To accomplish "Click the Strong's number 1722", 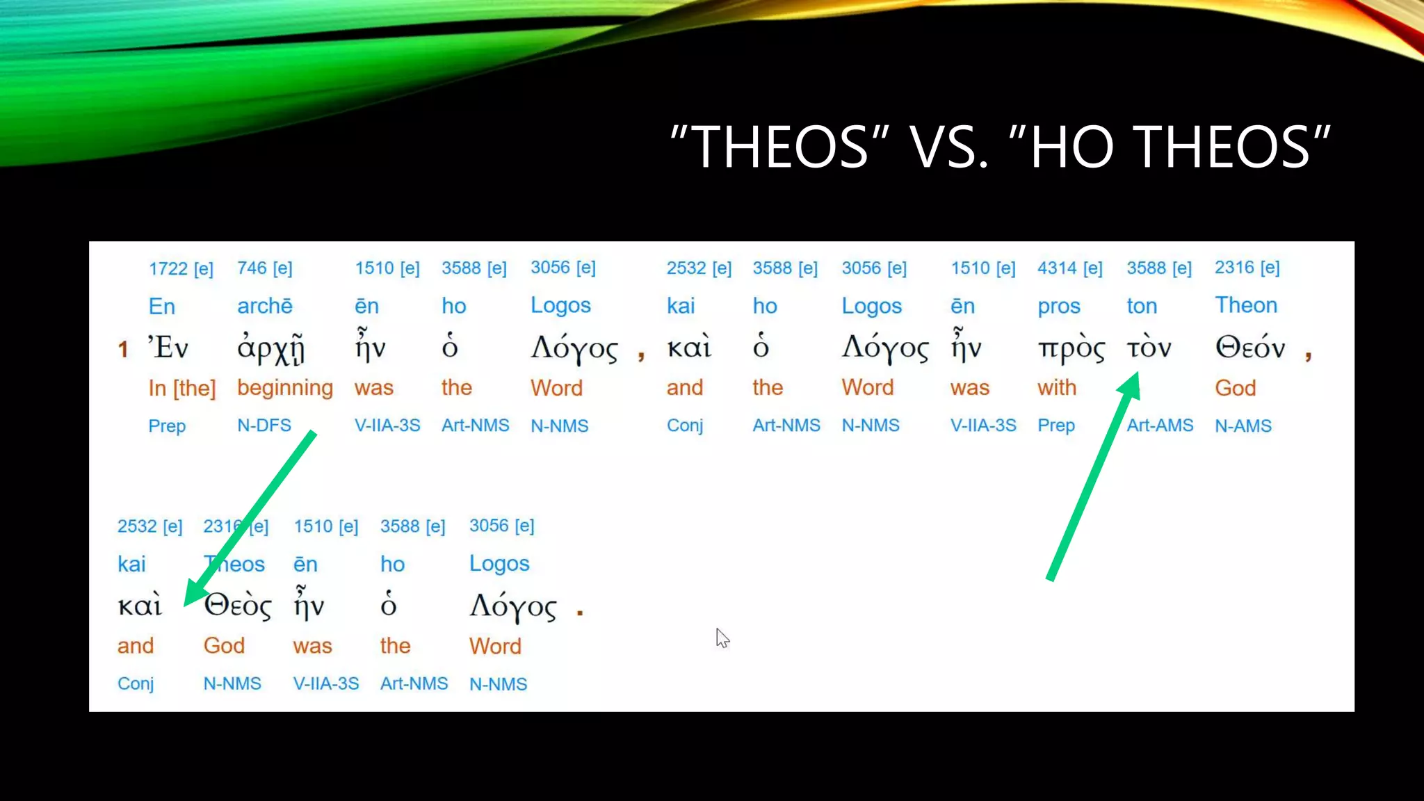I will [168, 269].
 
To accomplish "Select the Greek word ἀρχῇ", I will [270, 348].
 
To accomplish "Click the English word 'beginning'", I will [285, 388].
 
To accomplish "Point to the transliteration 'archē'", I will [265, 306].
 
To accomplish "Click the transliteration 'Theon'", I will [1246, 305].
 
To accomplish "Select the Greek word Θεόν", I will [1249, 347].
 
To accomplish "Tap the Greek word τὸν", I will [1149, 347].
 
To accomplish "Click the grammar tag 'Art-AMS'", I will [1160, 426].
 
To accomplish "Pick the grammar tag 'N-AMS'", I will [1243, 426].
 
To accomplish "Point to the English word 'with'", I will [1057, 388].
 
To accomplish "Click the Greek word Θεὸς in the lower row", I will [238, 606].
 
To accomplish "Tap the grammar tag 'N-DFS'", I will [264, 426].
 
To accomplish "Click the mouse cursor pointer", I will [722, 636].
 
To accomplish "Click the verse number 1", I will [123, 349].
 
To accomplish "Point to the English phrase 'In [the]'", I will [182, 388].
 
